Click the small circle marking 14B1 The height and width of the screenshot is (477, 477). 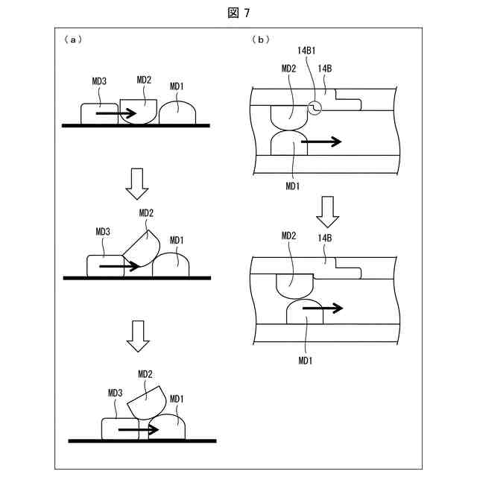tap(316, 109)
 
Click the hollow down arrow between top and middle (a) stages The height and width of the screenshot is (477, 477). tap(136, 183)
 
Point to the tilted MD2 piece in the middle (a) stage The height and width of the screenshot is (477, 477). tap(143, 248)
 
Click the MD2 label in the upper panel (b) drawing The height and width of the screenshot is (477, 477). tap(289, 68)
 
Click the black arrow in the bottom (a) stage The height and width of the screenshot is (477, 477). tap(139, 430)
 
